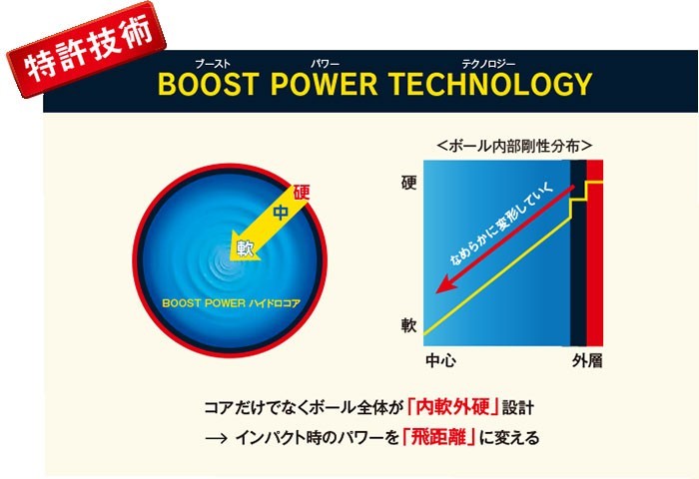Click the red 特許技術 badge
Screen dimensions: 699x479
pos(87,50)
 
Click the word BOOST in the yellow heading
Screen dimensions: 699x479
pos(209,84)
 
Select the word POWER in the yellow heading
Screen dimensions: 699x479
pos(325,84)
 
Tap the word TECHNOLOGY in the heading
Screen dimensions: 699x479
pos(490,84)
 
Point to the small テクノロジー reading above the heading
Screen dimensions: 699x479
pos(488,64)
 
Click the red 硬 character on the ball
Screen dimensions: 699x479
pos(302,193)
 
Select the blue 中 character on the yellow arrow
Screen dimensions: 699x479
pos(281,213)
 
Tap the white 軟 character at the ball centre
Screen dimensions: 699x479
pos(245,247)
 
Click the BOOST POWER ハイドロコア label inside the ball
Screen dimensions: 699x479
pos(231,303)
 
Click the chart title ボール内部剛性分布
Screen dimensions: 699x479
pos(514,146)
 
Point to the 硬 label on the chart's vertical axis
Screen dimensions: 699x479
pos(408,183)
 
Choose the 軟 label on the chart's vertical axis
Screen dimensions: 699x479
pos(408,325)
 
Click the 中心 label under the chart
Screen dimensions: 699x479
pos(440,360)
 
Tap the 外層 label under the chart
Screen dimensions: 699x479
pos(587,360)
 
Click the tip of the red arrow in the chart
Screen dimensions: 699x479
pos(436,292)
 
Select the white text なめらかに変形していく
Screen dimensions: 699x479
pos(501,224)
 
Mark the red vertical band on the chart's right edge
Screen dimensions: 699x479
pos(595,252)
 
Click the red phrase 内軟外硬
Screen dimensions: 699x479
pos(453,406)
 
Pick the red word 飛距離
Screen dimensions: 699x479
pos(438,437)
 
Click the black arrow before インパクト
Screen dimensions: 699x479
pos(217,438)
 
